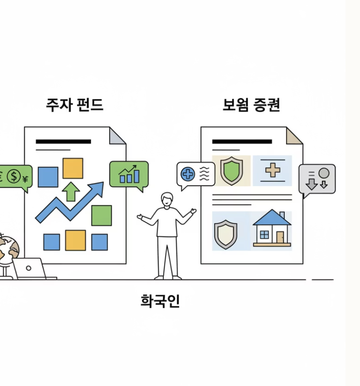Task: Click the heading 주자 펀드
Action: (x=74, y=105)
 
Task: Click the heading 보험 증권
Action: (x=251, y=105)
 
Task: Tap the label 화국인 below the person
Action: (x=160, y=301)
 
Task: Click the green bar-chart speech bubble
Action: (x=129, y=174)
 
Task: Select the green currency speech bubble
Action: (x=15, y=177)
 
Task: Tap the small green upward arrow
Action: (x=70, y=192)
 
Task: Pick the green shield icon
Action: (x=231, y=171)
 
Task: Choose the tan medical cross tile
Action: (x=272, y=170)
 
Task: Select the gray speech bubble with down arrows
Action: (x=317, y=179)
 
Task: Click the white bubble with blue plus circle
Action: (x=195, y=174)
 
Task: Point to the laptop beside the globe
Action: (x=29, y=269)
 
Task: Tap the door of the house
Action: (x=280, y=236)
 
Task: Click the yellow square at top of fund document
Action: (x=73, y=168)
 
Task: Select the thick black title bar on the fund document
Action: (x=63, y=142)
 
